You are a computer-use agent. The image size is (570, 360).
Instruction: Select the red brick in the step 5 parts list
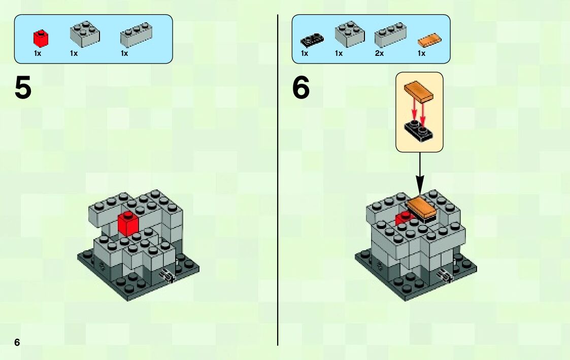(40, 37)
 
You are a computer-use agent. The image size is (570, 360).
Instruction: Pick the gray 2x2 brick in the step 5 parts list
(84, 34)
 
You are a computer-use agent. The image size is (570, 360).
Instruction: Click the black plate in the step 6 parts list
(312, 39)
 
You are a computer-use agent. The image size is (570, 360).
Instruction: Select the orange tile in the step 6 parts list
(429, 40)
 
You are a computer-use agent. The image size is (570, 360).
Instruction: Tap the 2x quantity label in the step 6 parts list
(379, 53)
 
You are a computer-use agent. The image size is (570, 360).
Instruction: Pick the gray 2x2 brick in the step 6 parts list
(350, 35)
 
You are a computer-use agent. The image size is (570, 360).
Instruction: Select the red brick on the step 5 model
(128, 224)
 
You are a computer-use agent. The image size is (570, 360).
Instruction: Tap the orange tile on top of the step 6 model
(422, 208)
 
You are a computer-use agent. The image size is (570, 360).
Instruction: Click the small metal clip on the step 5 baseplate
(167, 276)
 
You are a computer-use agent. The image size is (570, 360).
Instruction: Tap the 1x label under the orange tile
(421, 53)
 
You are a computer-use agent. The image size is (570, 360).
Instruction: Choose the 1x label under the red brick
(38, 53)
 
